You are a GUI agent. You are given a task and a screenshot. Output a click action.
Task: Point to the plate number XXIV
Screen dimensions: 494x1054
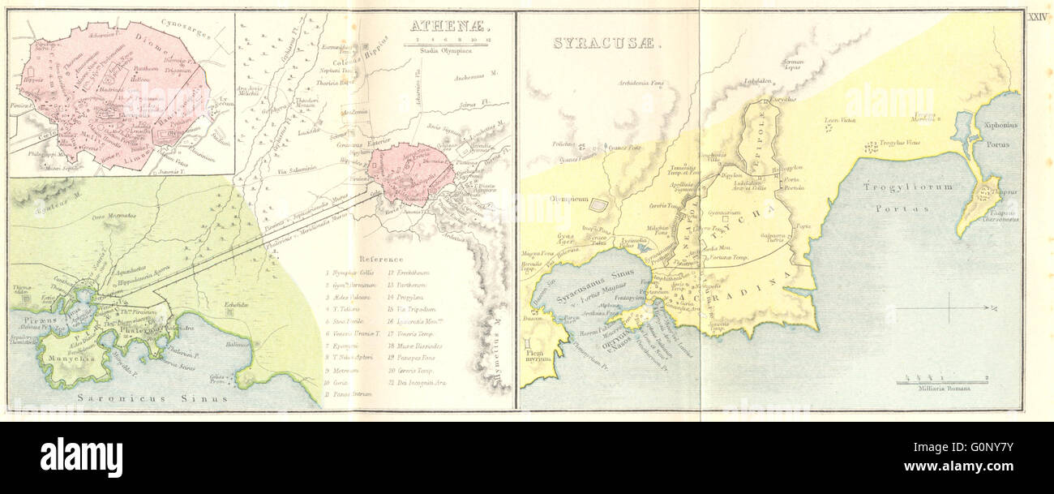coord(1038,16)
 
